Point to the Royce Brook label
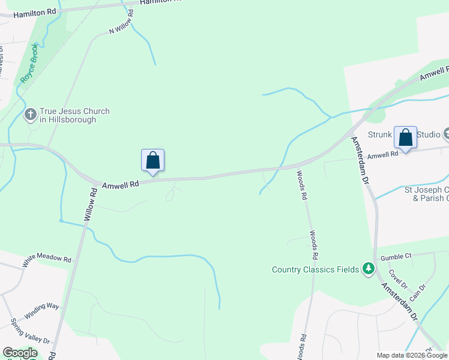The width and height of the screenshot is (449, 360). pyautogui.click(x=29, y=63)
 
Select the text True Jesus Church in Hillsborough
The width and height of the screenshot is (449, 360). pyautogui.click(x=74, y=115)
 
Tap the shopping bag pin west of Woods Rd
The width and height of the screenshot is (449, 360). pyautogui.click(x=152, y=160)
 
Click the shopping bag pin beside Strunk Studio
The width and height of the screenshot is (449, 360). pyautogui.click(x=405, y=137)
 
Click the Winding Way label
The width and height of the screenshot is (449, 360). pyautogui.click(x=41, y=311)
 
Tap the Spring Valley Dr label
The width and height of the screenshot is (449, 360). pyautogui.click(x=30, y=331)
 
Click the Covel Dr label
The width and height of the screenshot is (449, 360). pyautogui.click(x=397, y=277)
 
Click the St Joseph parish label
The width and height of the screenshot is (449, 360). pyautogui.click(x=426, y=194)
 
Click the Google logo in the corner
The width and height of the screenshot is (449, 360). pyautogui.click(x=20, y=353)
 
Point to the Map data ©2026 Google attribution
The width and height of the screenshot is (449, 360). pyautogui.click(x=412, y=355)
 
